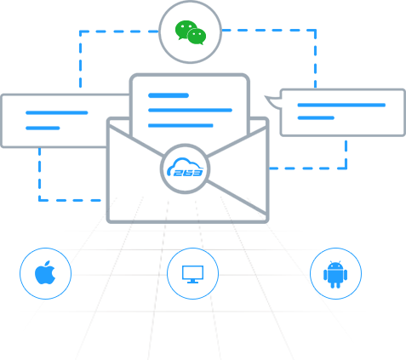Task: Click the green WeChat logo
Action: coord(191,32)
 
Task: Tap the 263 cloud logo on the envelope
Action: coord(185,169)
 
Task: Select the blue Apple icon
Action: coord(45,272)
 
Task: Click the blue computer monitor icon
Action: coord(192,274)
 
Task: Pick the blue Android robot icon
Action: coord(335,274)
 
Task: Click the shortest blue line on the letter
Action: coord(169,95)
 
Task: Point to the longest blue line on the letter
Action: coord(191,110)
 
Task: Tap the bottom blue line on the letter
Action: coord(180,125)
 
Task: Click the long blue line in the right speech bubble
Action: coord(341,105)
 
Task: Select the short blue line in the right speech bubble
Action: coord(316,117)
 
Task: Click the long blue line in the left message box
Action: coord(57,112)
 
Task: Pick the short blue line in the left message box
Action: coord(43,128)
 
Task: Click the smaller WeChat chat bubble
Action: coord(197,37)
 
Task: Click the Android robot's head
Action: coord(335,266)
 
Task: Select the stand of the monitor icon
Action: coord(192,281)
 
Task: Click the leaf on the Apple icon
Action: coord(48,263)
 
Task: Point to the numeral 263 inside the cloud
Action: coord(188,173)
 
